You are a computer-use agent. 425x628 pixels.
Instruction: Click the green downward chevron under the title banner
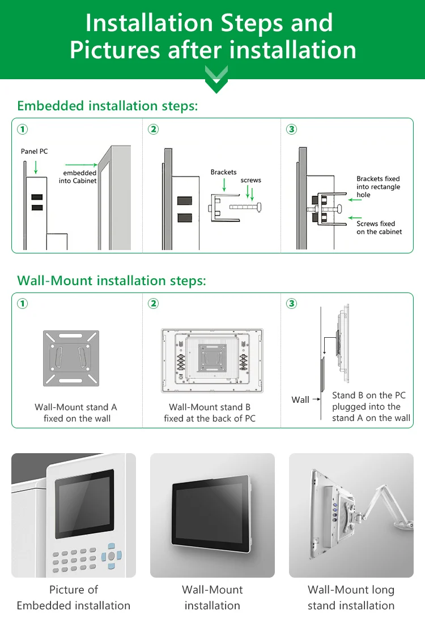point(216,80)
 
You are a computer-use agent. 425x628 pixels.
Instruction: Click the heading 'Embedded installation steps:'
point(108,106)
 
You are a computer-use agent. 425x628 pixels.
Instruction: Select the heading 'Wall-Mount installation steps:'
point(112,281)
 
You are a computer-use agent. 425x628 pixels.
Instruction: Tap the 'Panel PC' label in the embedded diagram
point(34,152)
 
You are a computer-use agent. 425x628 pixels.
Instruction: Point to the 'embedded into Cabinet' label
point(78,177)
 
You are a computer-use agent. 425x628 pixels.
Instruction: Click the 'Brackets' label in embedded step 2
point(223,172)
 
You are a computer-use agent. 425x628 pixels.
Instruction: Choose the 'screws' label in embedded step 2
point(250,180)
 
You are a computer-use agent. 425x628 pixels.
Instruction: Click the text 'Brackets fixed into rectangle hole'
point(378,187)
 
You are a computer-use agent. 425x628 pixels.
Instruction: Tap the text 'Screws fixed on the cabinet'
point(379,227)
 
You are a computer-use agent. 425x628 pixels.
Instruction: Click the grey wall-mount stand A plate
point(71,359)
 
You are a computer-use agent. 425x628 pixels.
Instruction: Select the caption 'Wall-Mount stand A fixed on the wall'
point(76,413)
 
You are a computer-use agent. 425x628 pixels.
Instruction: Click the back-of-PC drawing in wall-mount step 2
point(212,360)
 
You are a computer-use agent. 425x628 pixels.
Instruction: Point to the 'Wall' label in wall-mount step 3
point(300,400)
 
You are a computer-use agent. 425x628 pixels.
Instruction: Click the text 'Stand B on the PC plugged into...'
point(371,407)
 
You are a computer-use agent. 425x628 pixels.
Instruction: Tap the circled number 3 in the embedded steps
point(292,130)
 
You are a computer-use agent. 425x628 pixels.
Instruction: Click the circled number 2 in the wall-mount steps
point(153,304)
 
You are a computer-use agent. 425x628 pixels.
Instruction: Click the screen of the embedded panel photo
point(84,504)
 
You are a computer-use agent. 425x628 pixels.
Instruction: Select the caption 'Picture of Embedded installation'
point(74,597)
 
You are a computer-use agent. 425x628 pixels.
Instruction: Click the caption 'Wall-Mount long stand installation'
point(351,597)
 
